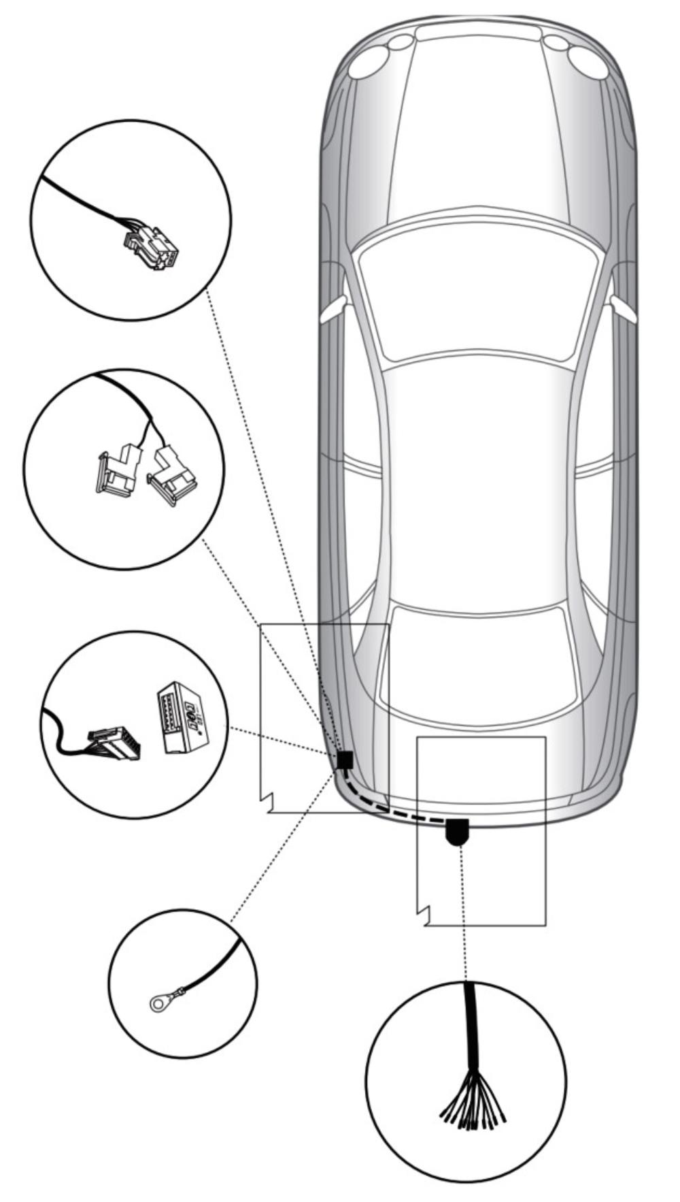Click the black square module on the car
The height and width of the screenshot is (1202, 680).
(345, 760)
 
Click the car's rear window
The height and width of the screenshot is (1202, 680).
(477, 664)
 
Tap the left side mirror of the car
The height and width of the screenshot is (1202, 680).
(333, 310)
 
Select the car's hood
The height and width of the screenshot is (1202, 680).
(479, 136)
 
